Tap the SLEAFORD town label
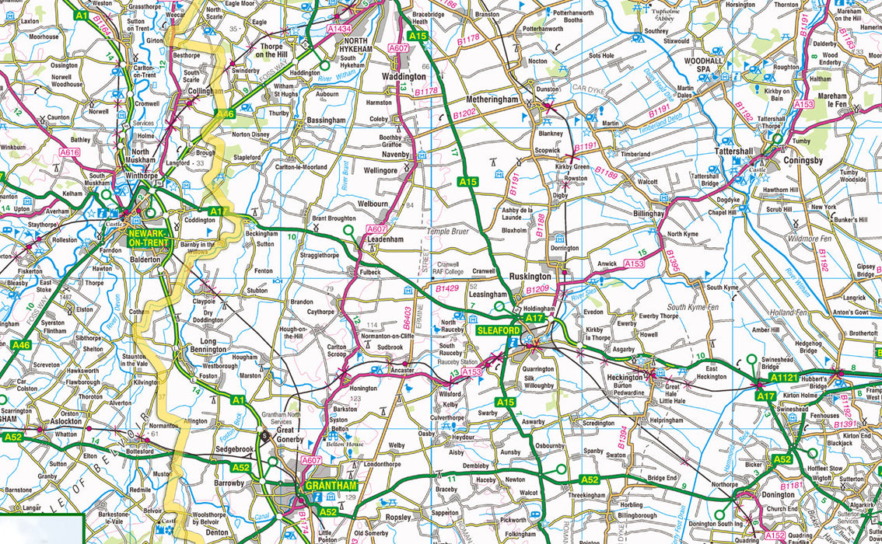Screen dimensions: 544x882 coord(498,330)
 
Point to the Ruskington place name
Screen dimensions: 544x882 coord(530,276)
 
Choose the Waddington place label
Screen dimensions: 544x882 coord(404,77)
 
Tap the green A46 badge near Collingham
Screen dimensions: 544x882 coord(226,114)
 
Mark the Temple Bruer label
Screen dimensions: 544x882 coord(449,232)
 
